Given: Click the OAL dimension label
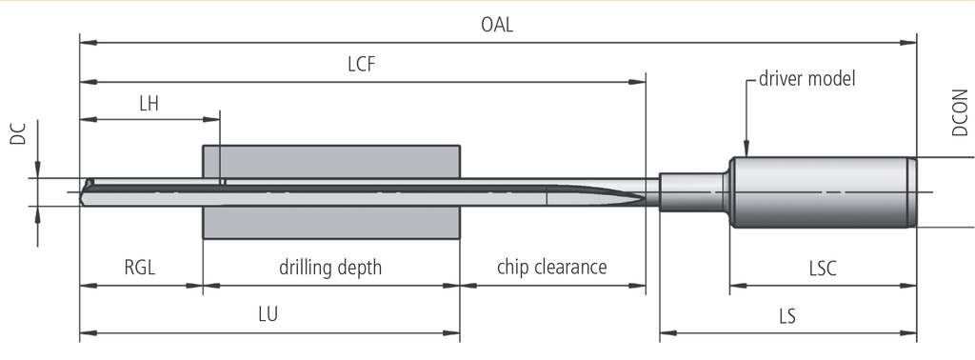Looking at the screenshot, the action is (497, 25).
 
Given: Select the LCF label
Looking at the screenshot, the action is (361, 64).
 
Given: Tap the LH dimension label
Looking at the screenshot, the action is (149, 103).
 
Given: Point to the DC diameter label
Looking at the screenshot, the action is (19, 133).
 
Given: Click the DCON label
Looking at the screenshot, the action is (960, 112).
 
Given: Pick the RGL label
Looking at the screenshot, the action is (140, 268).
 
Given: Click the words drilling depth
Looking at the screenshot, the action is (330, 268).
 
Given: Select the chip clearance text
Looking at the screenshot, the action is (552, 267).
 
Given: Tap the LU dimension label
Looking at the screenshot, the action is (268, 314).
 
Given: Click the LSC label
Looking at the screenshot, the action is (823, 268).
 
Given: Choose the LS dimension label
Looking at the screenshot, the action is (787, 316).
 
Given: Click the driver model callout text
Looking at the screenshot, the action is (807, 79).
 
